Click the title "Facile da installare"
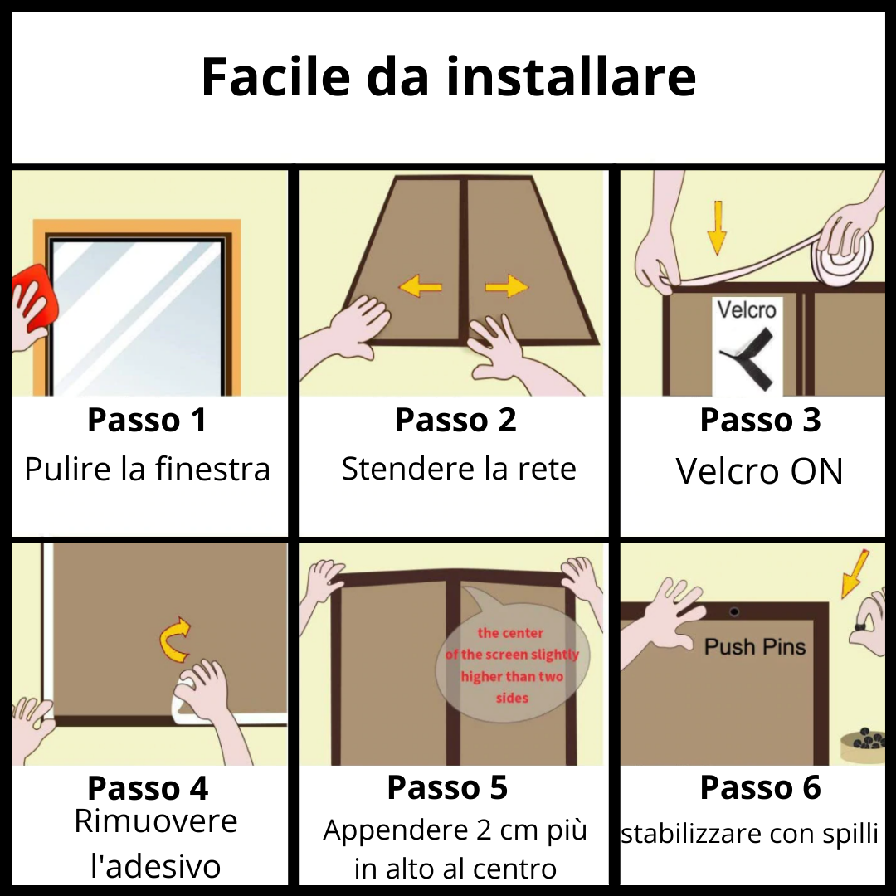(x=448, y=76)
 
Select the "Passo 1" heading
(x=147, y=420)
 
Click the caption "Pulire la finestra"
(x=148, y=470)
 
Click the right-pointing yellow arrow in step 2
(x=506, y=287)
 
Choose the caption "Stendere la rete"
(x=459, y=469)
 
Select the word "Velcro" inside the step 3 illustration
(x=747, y=310)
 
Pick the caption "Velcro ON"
(x=759, y=471)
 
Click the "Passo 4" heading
(x=148, y=788)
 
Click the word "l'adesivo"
(x=155, y=866)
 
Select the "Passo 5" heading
(x=447, y=788)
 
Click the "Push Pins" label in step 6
(x=755, y=647)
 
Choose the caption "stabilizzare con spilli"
(x=749, y=834)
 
